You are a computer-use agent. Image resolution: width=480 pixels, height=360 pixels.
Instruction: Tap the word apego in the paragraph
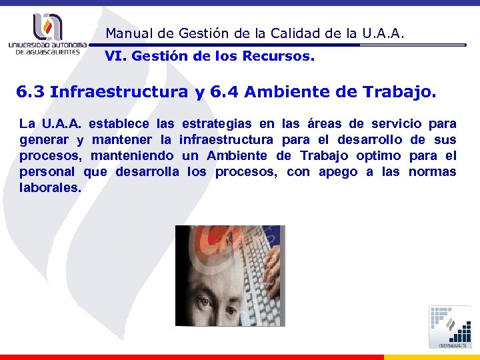(x=338, y=172)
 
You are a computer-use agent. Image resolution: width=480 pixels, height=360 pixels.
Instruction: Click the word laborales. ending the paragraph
(x=51, y=188)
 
